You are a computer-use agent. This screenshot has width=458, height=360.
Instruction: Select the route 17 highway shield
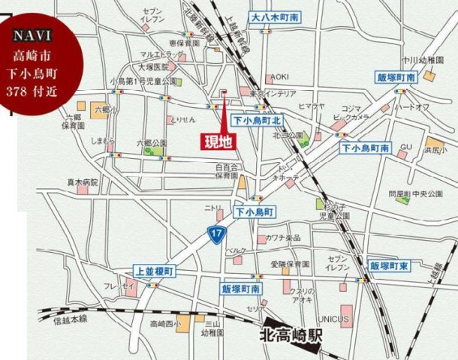tap(216, 235)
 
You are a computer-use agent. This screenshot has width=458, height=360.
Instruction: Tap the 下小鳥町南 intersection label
tap(366, 148)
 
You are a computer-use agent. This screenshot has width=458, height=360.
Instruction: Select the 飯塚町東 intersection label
tap(389, 265)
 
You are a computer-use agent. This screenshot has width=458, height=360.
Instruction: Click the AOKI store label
tap(280, 76)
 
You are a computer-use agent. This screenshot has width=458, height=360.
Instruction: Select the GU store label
tap(405, 147)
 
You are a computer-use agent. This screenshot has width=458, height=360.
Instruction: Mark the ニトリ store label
tap(214, 208)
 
